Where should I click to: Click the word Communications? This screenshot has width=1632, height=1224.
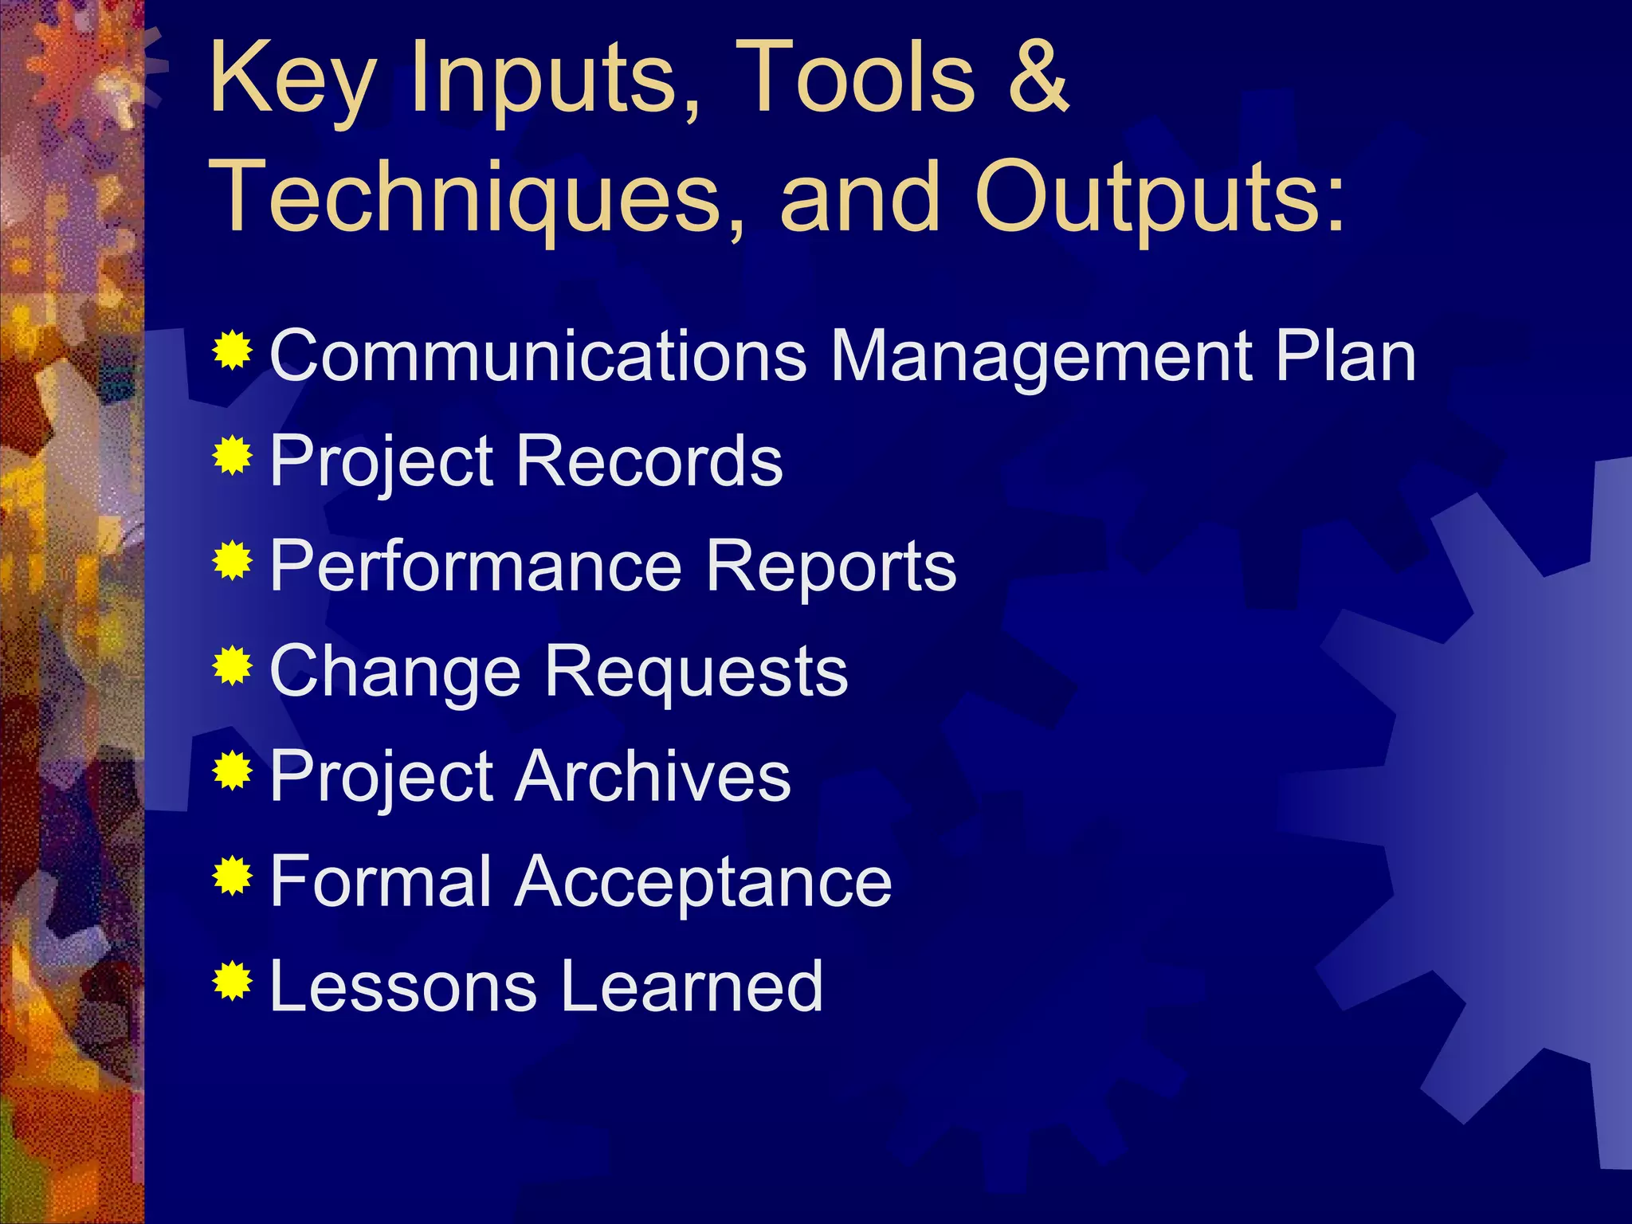click(539, 355)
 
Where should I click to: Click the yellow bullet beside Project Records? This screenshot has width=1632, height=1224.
click(233, 455)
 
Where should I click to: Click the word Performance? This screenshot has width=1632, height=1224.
click(477, 566)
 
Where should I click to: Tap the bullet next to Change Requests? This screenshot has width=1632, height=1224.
click(233, 665)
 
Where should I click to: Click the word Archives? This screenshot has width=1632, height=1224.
click(653, 776)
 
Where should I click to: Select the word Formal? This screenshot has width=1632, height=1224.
click(381, 881)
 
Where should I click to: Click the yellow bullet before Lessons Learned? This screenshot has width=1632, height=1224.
click(233, 981)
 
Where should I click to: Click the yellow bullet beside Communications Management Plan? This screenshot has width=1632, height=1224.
click(233, 350)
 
